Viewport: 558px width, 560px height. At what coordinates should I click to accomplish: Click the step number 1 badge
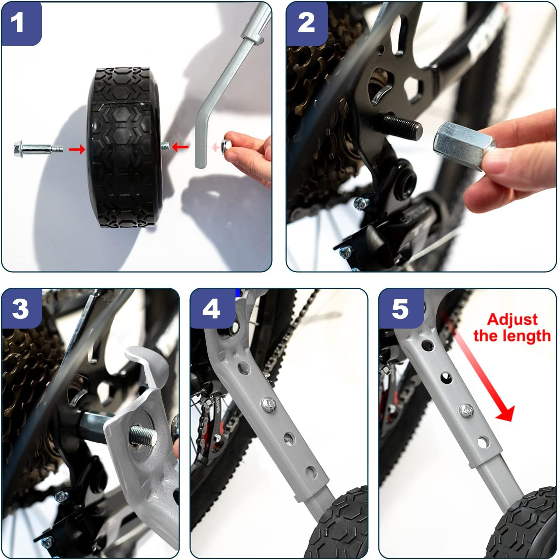pos(21,23)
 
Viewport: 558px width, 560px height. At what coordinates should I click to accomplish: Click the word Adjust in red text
pos(512,320)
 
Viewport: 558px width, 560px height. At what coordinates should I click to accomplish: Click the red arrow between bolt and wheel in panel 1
pos(77,150)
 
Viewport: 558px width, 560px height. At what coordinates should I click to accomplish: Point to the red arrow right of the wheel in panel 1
pos(180,147)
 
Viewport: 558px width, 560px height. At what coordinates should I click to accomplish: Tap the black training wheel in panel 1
pos(126,148)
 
